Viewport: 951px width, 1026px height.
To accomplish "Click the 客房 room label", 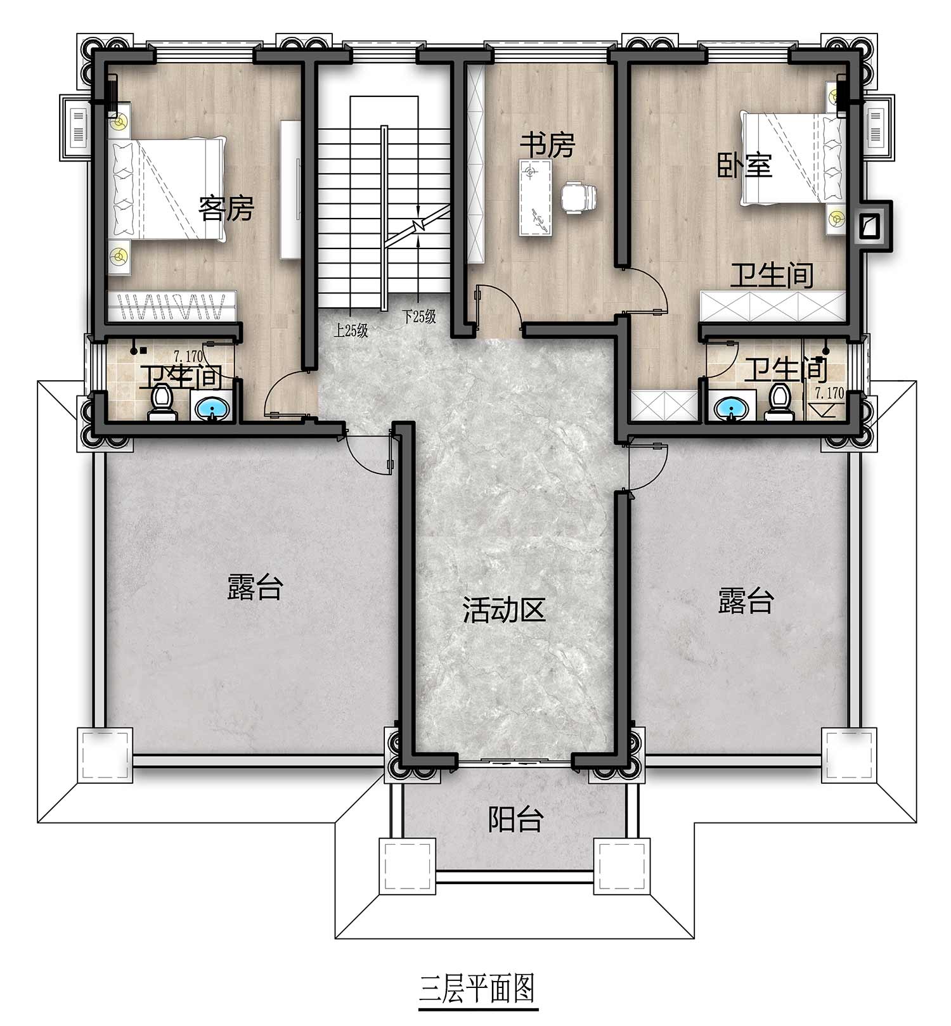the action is (x=226, y=208).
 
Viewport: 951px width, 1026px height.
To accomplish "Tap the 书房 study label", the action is (x=547, y=145).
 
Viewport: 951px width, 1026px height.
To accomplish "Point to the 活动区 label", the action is (x=504, y=610).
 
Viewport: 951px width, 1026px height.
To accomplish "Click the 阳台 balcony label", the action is (x=516, y=819).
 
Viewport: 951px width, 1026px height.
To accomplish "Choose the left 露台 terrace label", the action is (x=254, y=587).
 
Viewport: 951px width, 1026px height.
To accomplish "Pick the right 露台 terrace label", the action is (x=746, y=601).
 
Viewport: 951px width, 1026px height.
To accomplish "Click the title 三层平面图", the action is (x=478, y=988).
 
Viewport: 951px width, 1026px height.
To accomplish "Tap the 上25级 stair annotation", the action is (x=351, y=331).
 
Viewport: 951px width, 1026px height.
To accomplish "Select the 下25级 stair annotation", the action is (x=420, y=317).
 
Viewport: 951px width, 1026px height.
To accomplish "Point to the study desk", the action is (x=536, y=198).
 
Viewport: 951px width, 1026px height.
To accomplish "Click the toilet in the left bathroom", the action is (x=160, y=404).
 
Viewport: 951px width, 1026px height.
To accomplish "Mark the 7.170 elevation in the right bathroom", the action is (x=829, y=393).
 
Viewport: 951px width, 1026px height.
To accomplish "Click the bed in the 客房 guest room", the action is (x=168, y=189).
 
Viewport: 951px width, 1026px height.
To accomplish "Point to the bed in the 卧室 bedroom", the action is (x=793, y=158).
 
